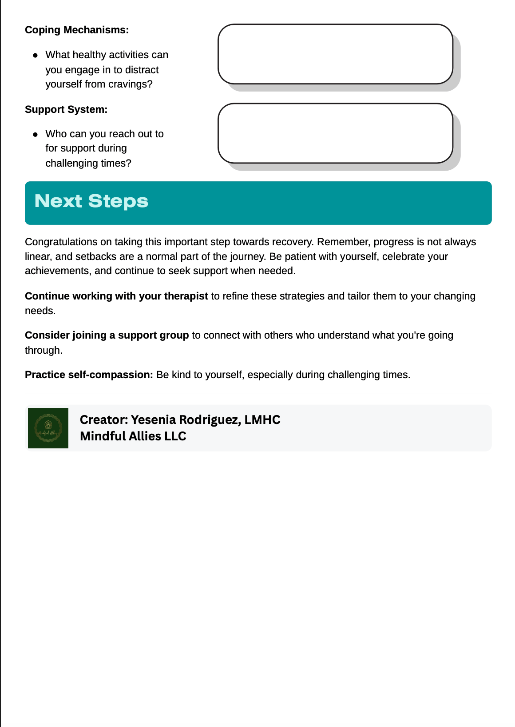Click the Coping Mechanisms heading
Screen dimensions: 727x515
(77, 30)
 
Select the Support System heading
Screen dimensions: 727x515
(66, 110)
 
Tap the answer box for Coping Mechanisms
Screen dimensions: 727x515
(335, 54)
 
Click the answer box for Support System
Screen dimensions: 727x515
(335, 133)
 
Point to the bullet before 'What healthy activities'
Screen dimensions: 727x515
(36, 56)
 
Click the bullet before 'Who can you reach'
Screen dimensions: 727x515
(36, 134)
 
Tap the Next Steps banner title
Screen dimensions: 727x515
(91, 201)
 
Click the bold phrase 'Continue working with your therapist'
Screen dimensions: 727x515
(116, 296)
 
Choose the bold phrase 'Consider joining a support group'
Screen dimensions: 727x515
(107, 336)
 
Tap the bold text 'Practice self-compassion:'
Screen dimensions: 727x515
(89, 375)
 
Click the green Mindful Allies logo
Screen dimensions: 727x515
(48, 428)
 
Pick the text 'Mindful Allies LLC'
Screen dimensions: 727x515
(133, 436)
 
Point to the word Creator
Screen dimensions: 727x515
(103, 420)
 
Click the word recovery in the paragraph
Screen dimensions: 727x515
(293, 242)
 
